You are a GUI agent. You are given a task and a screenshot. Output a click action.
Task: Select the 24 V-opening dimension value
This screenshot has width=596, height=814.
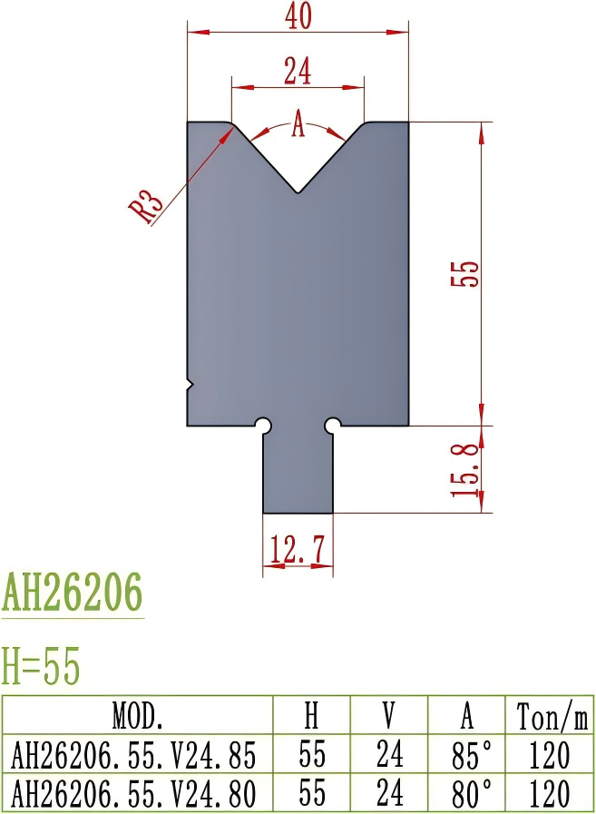click(298, 70)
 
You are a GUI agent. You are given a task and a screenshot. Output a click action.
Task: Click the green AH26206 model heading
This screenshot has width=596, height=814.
click(73, 594)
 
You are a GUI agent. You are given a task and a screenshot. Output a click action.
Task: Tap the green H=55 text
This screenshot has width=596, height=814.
click(42, 667)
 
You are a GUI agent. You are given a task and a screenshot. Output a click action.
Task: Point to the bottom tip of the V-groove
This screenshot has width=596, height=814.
click(298, 191)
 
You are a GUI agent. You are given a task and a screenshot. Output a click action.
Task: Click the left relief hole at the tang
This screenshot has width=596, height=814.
click(263, 425)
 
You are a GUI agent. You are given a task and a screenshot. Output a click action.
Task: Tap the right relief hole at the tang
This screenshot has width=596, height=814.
click(333, 425)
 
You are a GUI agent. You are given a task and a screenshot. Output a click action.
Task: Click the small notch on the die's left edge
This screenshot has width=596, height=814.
click(190, 385)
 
